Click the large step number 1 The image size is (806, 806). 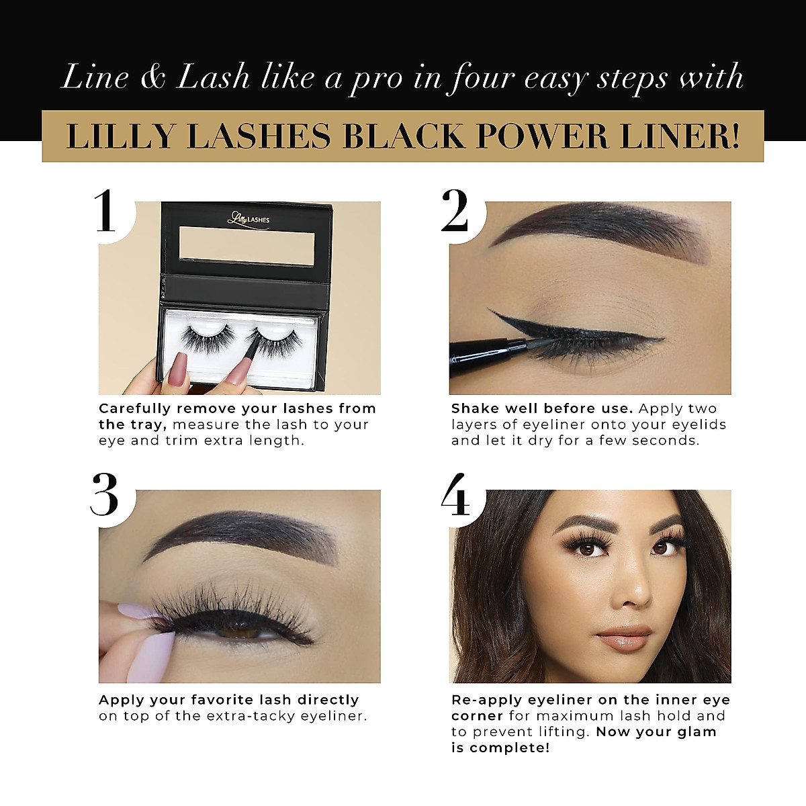(105, 211)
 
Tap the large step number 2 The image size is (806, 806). (455, 211)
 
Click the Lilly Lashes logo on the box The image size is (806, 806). (248, 218)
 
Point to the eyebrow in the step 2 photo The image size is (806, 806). (591, 232)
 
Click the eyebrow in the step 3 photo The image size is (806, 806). (242, 531)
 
